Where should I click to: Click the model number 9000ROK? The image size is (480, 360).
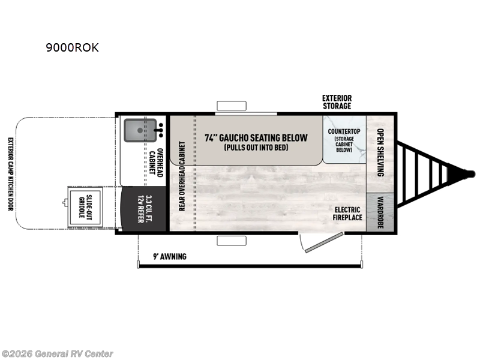tap(72, 49)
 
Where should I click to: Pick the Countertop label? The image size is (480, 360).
tap(344, 131)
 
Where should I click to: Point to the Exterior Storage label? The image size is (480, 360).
tap(337, 102)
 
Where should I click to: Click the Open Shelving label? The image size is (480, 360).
tap(380, 153)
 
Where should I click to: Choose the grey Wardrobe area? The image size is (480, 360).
tap(380, 213)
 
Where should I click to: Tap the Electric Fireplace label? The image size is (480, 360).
tap(349, 213)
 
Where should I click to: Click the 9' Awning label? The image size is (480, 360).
tap(170, 257)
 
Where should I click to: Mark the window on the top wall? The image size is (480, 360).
tap(232, 107)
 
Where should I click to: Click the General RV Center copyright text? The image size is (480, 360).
tap(58, 354)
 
